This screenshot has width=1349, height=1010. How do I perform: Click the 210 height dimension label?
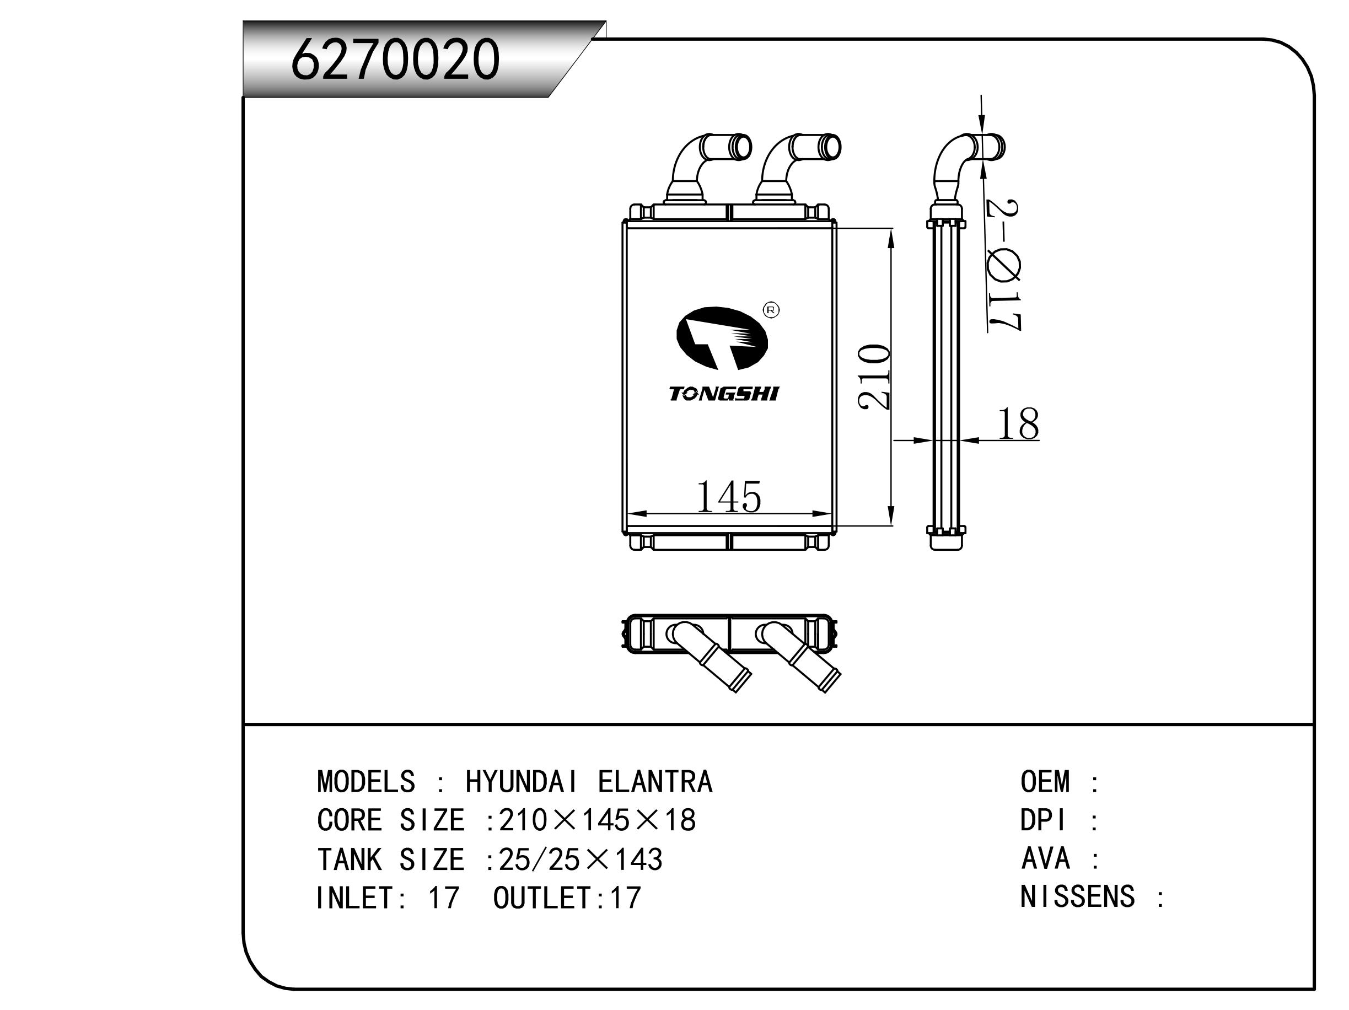click(x=873, y=377)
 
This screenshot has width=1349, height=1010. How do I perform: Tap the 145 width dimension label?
click(x=728, y=497)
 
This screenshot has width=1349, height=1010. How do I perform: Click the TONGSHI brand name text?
click(x=723, y=394)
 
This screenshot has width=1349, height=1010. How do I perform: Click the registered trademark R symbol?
click(x=771, y=310)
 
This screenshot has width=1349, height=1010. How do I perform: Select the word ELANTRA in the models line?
click(x=654, y=782)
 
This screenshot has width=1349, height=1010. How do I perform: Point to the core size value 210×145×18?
click(x=597, y=821)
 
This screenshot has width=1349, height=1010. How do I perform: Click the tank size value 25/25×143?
click(x=580, y=860)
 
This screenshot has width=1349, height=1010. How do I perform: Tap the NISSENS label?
click(x=1077, y=897)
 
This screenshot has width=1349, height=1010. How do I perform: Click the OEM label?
click(x=1045, y=782)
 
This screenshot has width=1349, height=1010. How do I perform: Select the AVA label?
click(x=1045, y=859)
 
